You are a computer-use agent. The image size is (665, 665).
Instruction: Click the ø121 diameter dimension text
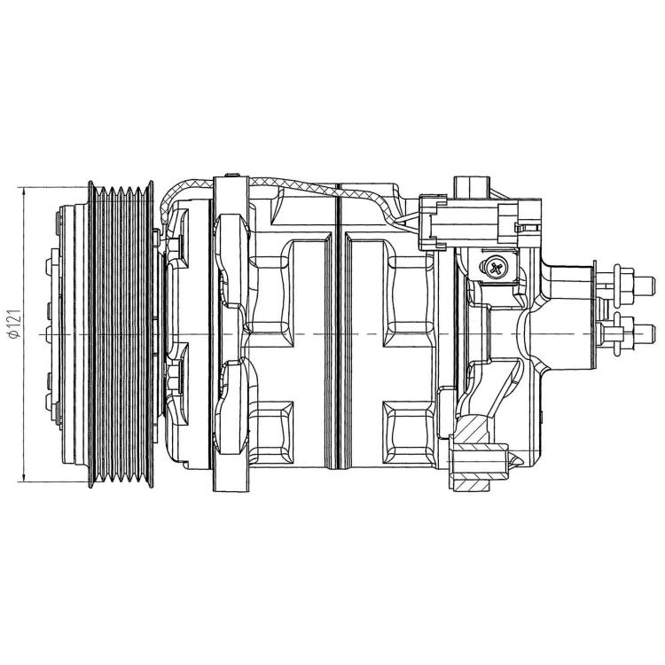click(15, 325)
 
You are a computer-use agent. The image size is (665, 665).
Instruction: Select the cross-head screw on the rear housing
click(494, 268)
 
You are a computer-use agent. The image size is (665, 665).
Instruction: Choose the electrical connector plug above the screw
click(479, 222)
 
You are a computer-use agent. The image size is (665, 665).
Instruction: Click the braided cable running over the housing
click(280, 186)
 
